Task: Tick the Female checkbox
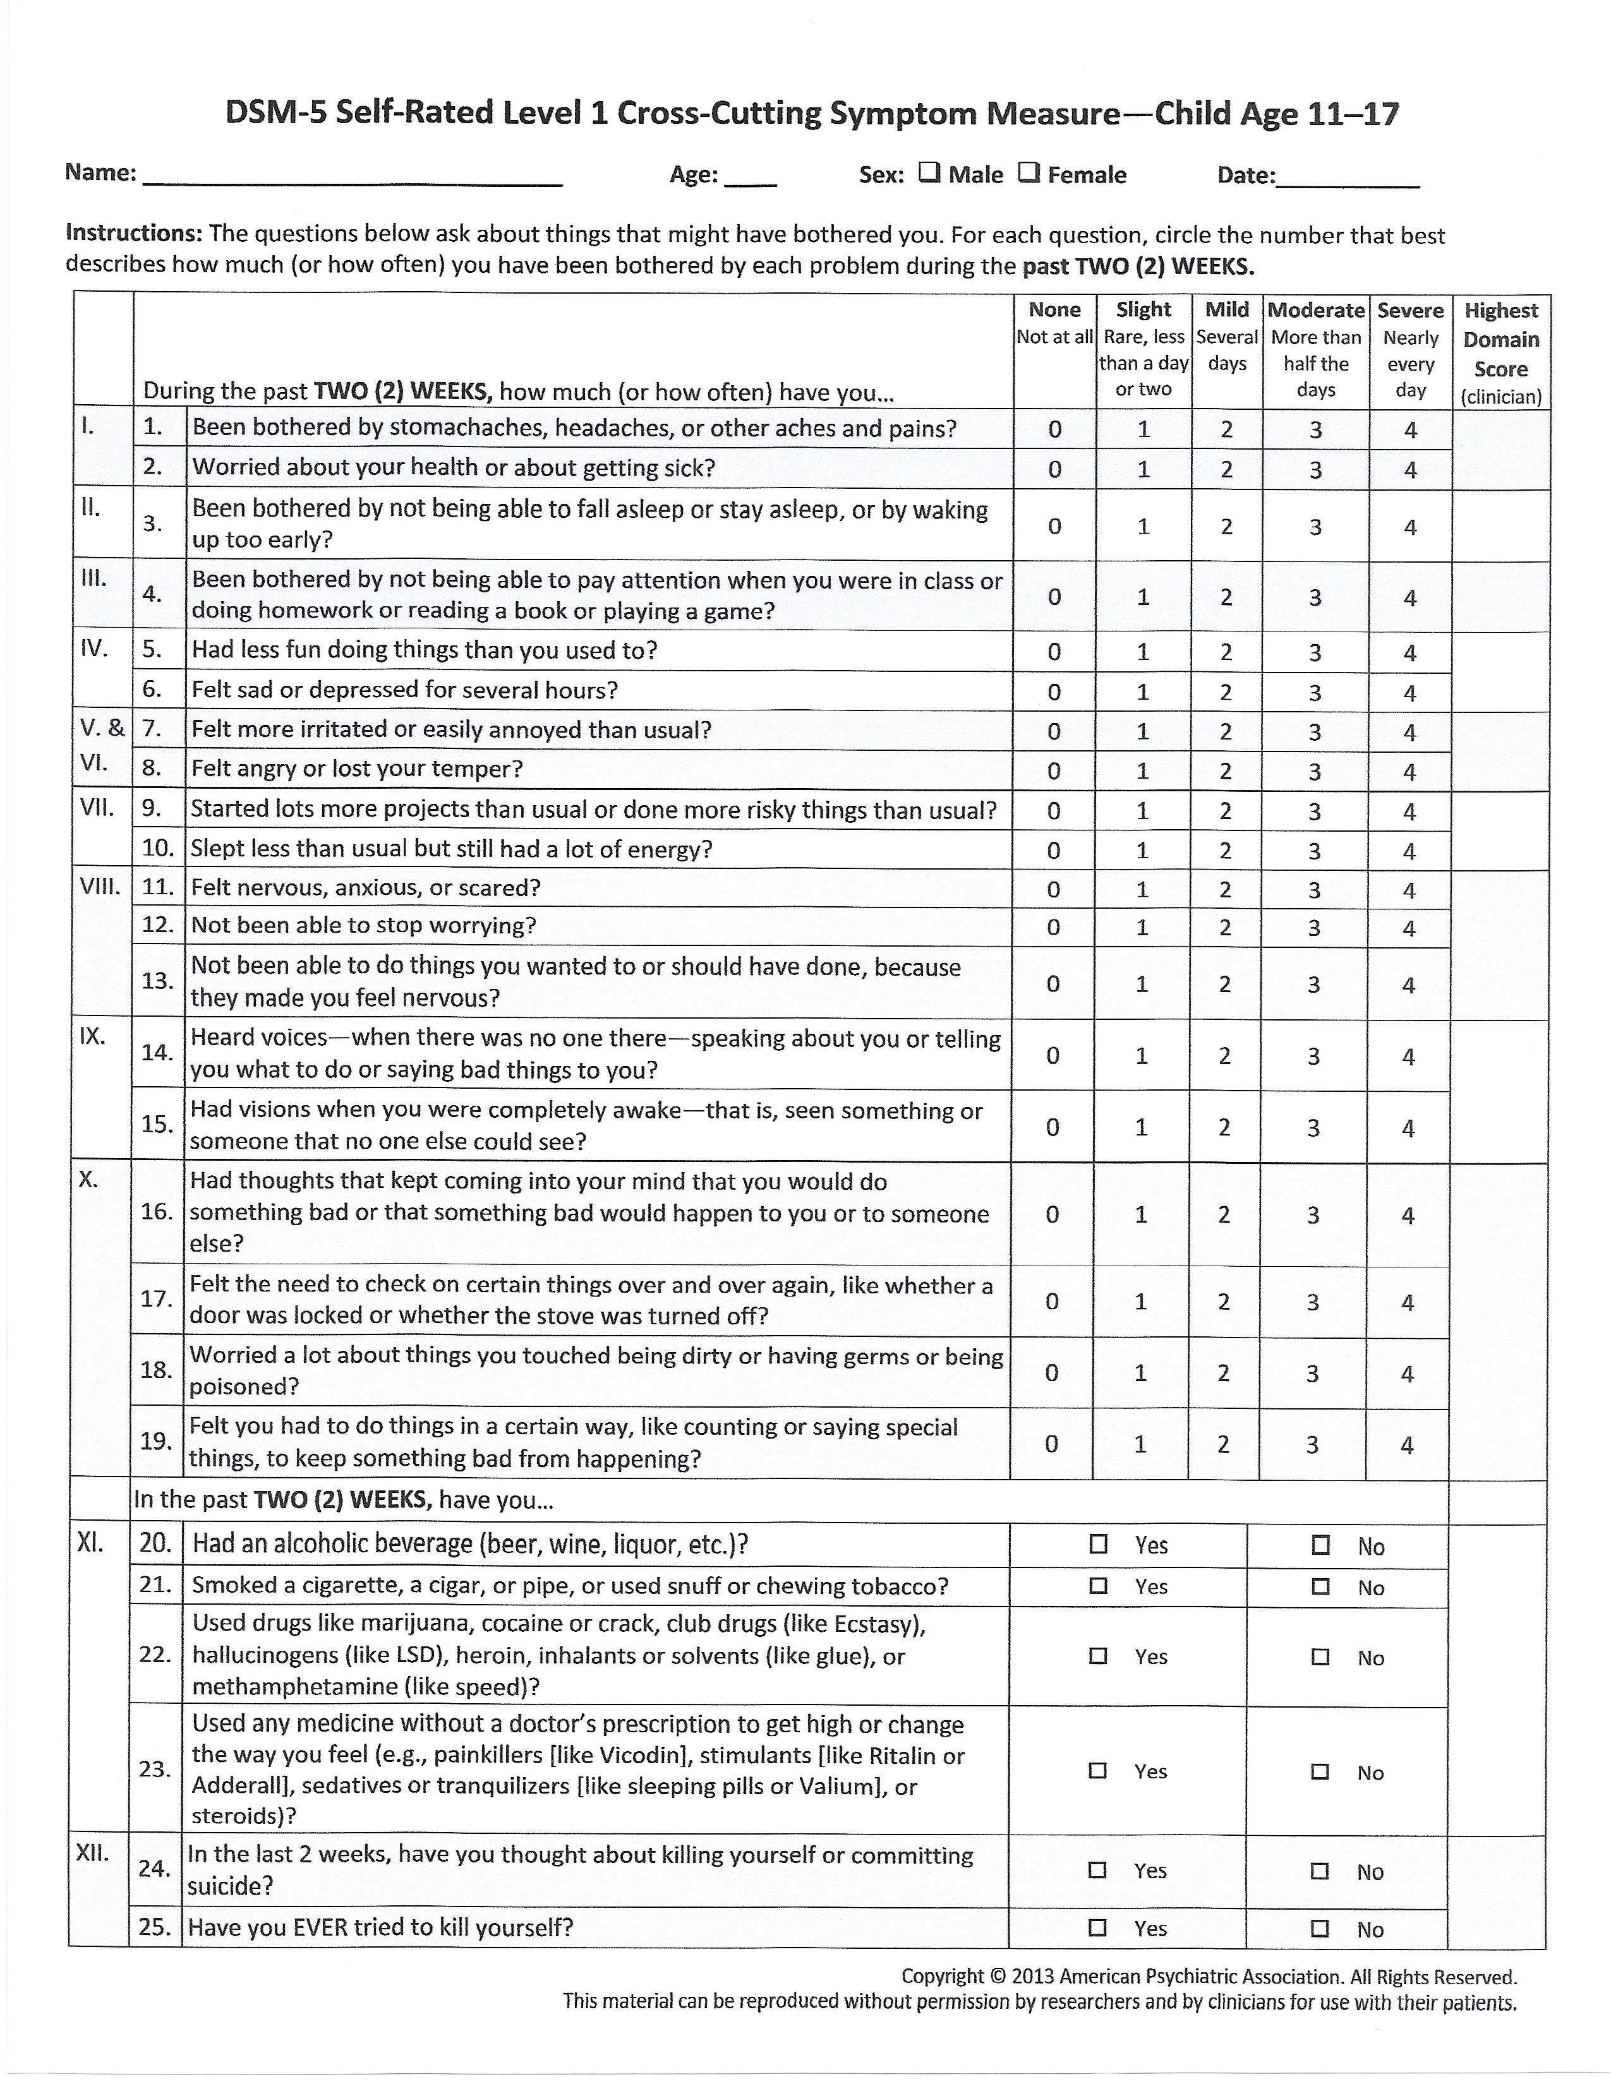pyautogui.click(x=1028, y=172)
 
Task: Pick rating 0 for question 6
pyautogui.click(x=1054, y=692)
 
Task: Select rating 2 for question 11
pyautogui.click(x=1226, y=889)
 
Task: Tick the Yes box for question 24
pyautogui.click(x=1097, y=1871)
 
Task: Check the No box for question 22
pyautogui.click(x=1320, y=1656)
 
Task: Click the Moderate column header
pyautogui.click(x=1316, y=310)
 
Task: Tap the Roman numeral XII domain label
pyautogui.click(x=93, y=1853)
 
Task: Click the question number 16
pyautogui.click(x=155, y=1212)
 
